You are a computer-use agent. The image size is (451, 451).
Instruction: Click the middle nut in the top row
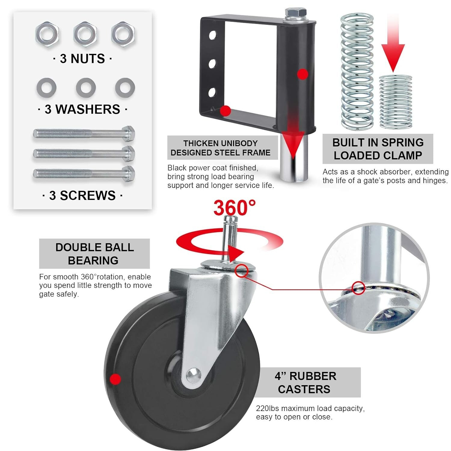tap(85, 33)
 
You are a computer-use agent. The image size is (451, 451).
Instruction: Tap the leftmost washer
tap(46, 88)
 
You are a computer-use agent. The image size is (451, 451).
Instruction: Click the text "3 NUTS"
tap(82, 59)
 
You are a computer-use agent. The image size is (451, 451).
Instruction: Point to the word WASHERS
tap(88, 109)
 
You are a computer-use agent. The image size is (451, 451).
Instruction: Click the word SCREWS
tap(88, 196)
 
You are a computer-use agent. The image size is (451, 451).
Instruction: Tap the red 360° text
tap(235, 207)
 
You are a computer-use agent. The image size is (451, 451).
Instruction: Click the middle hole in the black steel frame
tap(213, 64)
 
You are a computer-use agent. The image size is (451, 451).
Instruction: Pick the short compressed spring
tap(395, 102)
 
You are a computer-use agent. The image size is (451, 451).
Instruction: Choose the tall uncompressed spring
tap(357, 71)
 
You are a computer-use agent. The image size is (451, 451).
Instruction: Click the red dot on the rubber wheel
tap(115, 379)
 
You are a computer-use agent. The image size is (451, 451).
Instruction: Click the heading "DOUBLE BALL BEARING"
tap(94, 254)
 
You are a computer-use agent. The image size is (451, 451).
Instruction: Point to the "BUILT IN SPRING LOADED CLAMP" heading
tap(378, 149)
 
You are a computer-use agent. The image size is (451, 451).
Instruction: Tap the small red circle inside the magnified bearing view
tap(358, 288)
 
